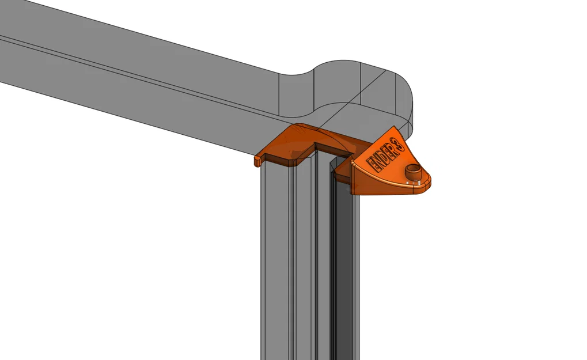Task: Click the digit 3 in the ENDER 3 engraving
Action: point(397,145)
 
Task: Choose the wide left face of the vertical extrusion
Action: point(275,259)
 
